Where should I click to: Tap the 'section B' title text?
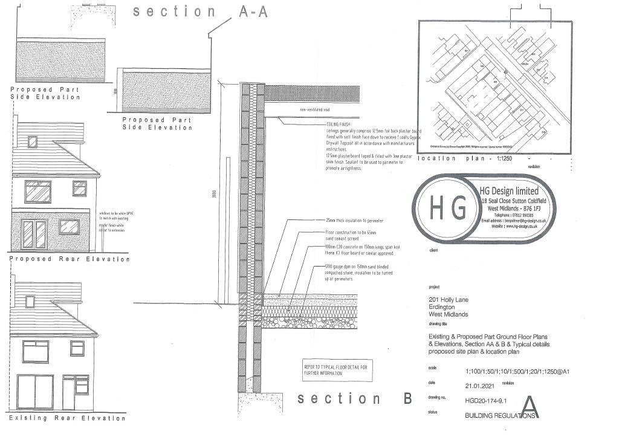point(354,398)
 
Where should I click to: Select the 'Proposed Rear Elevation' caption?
point(70,259)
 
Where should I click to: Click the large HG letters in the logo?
point(448,208)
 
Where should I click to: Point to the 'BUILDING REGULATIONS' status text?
point(491,416)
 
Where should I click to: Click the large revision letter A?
point(529,407)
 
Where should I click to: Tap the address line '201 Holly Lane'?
point(447,300)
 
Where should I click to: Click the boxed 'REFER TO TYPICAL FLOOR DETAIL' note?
point(339,369)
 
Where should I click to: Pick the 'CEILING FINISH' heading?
point(339,124)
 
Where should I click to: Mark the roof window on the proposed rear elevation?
point(33,142)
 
